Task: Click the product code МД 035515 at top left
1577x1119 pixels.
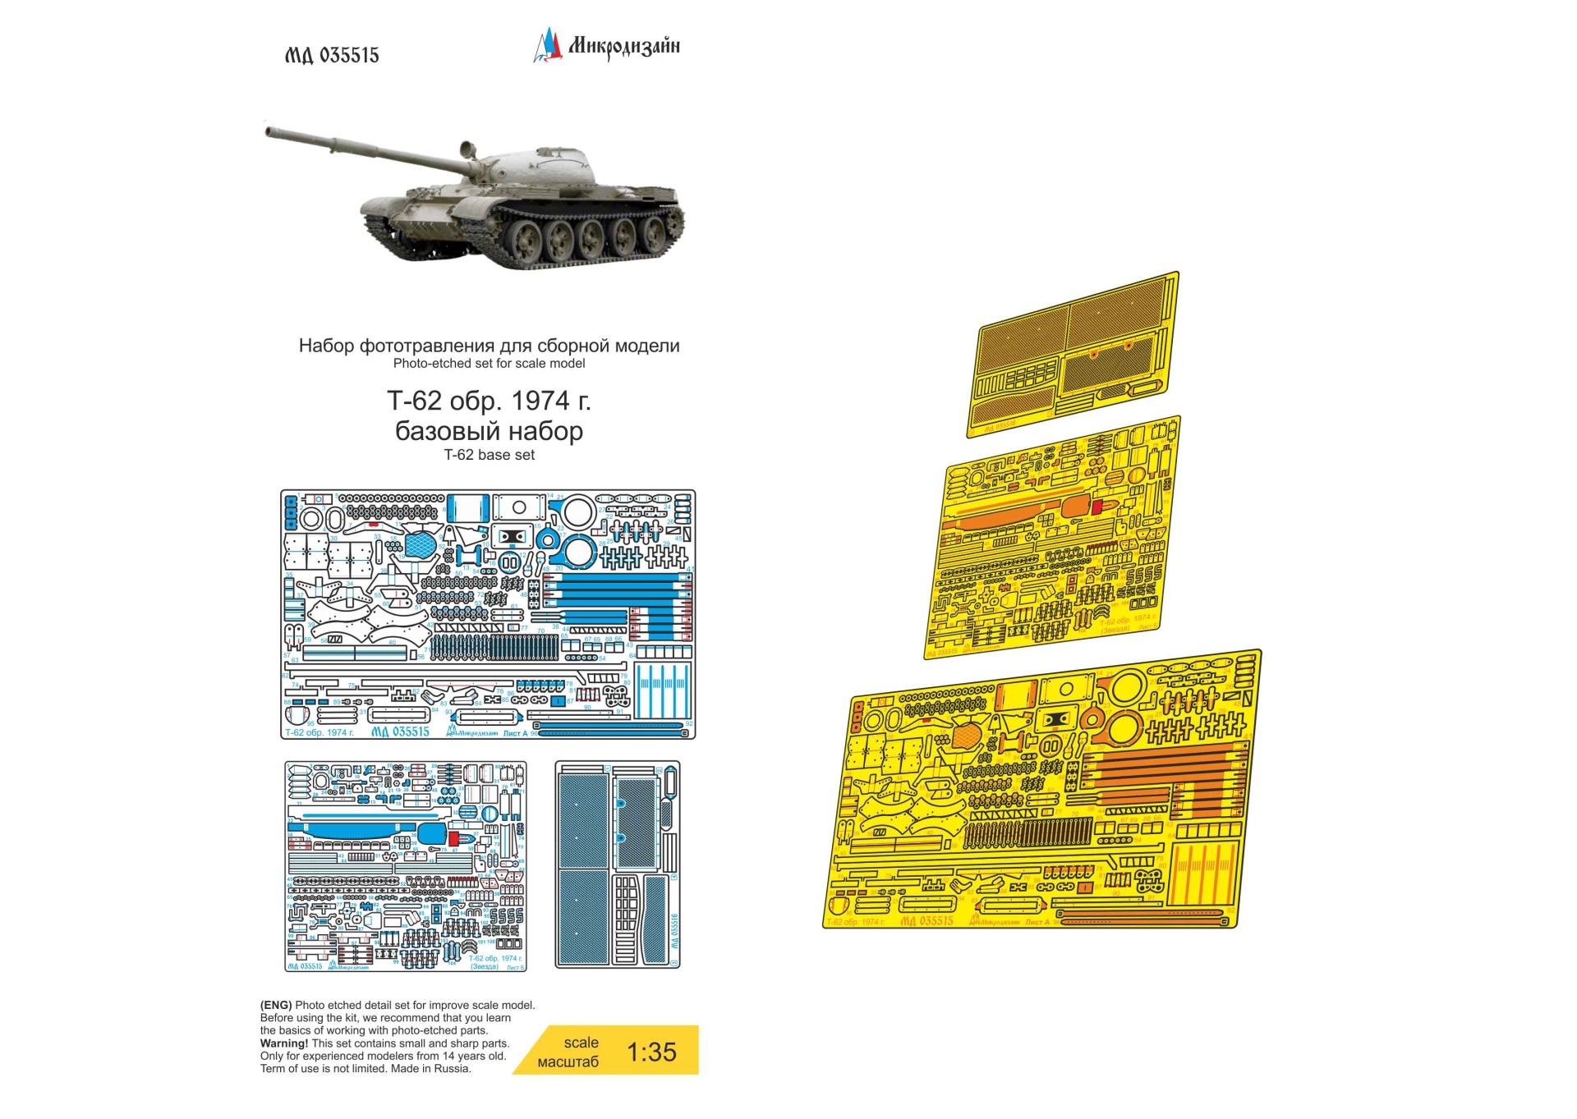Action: (x=332, y=55)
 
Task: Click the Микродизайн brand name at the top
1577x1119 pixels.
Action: (x=623, y=46)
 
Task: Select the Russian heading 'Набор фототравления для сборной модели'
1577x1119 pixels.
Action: (x=489, y=346)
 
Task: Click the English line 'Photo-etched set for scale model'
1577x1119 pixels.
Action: (x=489, y=363)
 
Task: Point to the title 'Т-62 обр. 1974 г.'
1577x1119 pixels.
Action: (x=489, y=401)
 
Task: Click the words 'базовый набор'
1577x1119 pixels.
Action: (x=489, y=430)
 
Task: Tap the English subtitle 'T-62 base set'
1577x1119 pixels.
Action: (x=489, y=455)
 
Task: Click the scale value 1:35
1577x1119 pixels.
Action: (x=651, y=1052)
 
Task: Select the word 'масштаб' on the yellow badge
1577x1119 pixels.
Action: (x=568, y=1062)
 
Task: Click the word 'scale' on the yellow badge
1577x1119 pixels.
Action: (x=581, y=1043)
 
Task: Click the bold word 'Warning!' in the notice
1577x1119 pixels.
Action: (x=284, y=1043)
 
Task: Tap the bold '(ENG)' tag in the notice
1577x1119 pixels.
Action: (x=276, y=1005)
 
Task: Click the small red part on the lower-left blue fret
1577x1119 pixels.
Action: (x=453, y=838)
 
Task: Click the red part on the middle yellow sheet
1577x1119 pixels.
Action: (x=1097, y=507)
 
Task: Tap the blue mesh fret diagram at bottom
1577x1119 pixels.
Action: (x=617, y=864)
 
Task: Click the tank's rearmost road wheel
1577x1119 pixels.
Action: (x=655, y=233)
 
